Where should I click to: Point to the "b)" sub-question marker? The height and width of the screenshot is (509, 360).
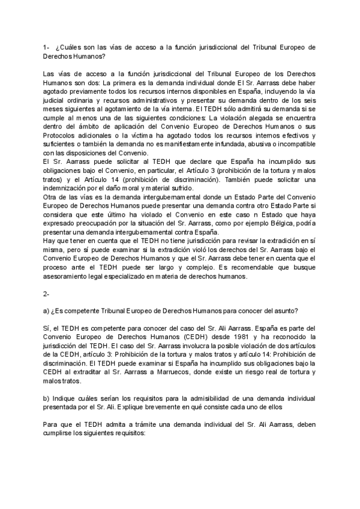(x=47, y=398)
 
